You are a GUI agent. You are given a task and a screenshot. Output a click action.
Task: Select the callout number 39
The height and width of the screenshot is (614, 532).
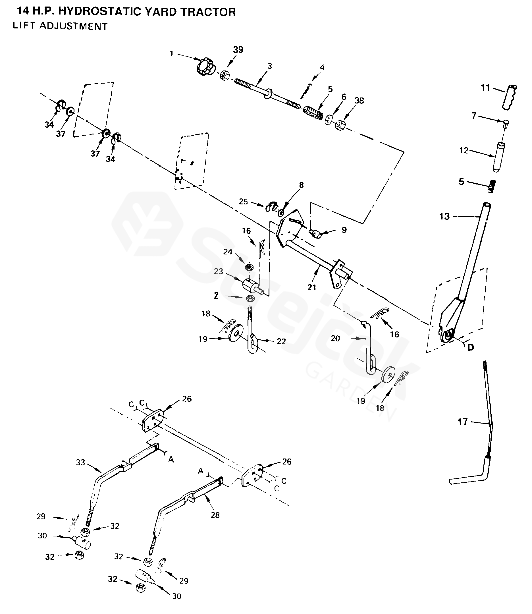coord(238,50)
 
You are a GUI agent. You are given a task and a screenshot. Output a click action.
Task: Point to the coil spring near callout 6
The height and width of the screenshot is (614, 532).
coord(313,113)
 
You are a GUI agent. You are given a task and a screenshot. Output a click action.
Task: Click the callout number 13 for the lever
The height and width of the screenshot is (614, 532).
coord(444,216)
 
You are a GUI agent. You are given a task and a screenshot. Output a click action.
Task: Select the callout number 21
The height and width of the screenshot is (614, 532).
coord(311,287)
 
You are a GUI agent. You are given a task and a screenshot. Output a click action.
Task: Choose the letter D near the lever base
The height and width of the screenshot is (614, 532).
coord(471,347)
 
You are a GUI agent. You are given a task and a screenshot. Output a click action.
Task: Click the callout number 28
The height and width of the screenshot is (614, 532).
coord(215,515)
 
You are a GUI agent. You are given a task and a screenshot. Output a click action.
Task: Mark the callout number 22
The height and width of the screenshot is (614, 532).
coord(281,341)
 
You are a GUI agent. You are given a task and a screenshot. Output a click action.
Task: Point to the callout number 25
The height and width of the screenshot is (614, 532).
coord(243,202)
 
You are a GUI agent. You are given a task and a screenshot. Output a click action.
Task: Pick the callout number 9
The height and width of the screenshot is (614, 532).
coord(344,230)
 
